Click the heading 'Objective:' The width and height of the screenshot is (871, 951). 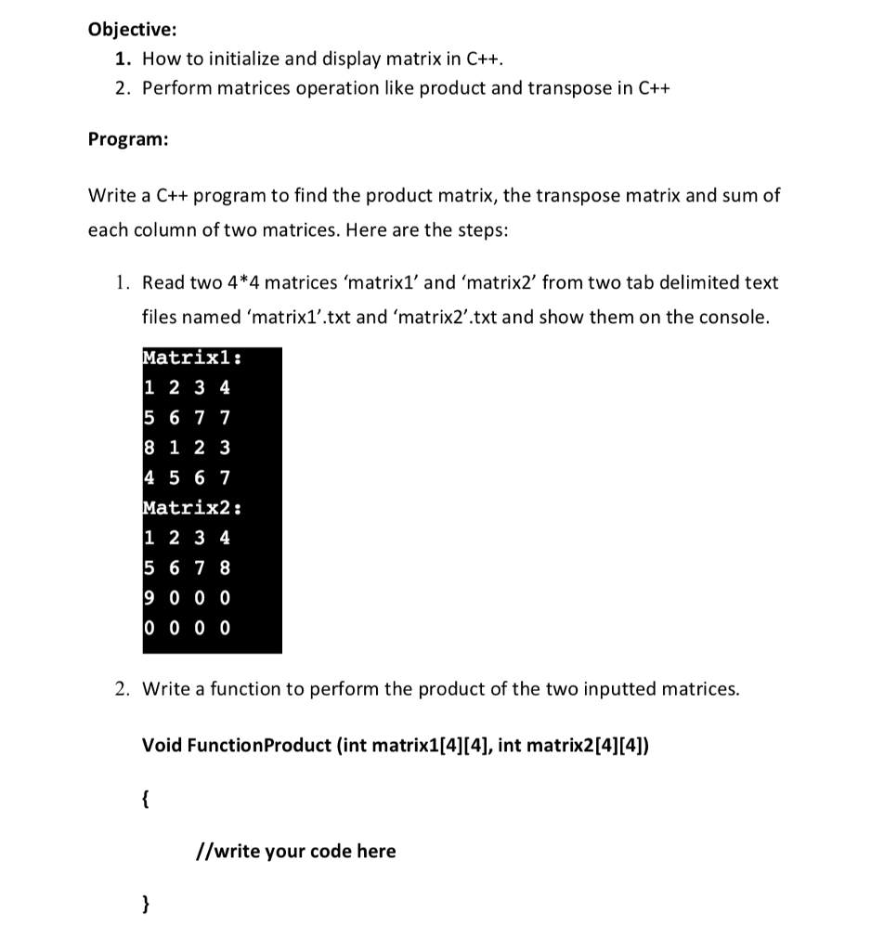[125, 29]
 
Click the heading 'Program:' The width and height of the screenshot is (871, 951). [128, 139]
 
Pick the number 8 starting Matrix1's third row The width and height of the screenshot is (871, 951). [151, 448]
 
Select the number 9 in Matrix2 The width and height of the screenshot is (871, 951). [151, 598]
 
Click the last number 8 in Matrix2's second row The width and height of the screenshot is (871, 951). [225, 567]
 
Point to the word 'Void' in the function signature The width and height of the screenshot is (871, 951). [162, 745]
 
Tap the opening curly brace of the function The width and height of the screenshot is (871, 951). [145, 798]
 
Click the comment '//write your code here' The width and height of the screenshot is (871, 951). [296, 851]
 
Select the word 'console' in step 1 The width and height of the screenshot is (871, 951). [736, 318]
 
